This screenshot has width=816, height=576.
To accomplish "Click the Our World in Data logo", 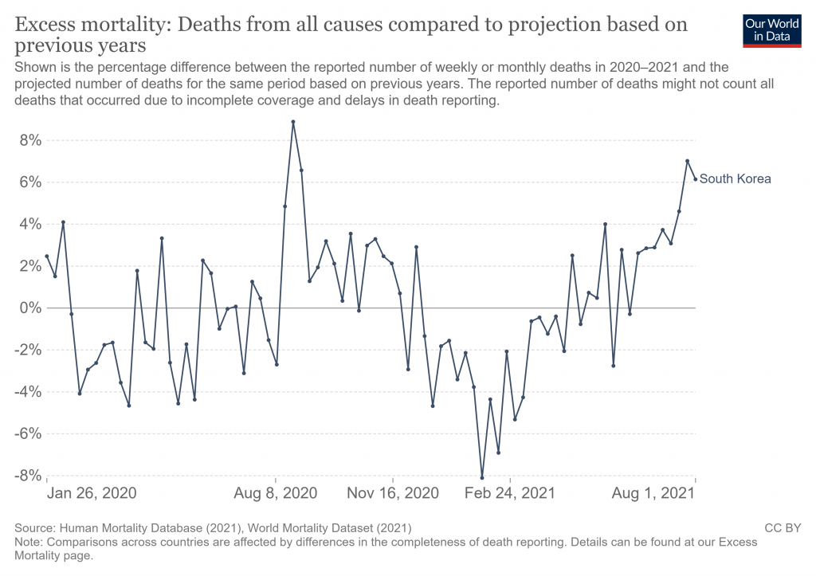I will pyautogui.click(x=771, y=29).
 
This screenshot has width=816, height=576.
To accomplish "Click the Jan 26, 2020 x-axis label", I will pyautogui.click(x=91, y=493).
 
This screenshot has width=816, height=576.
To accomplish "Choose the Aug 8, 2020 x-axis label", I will pyautogui.click(x=276, y=493).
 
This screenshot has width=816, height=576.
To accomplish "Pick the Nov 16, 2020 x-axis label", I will pyautogui.click(x=394, y=493).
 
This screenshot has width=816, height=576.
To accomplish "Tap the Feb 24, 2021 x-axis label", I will pyautogui.click(x=509, y=493).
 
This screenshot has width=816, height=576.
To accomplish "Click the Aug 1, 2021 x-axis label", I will pyautogui.click(x=652, y=493).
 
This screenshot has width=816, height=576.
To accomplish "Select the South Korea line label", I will pyautogui.click(x=735, y=179).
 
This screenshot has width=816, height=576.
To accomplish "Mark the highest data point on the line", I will pyautogui.click(x=293, y=122).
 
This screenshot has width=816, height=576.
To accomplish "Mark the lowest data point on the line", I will pyautogui.click(x=482, y=478).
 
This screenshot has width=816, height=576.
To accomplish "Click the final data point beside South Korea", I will pyautogui.click(x=696, y=179).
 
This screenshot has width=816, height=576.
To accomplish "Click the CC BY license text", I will pyautogui.click(x=782, y=527).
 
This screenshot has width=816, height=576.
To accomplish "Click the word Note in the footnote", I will pyautogui.click(x=29, y=542).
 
